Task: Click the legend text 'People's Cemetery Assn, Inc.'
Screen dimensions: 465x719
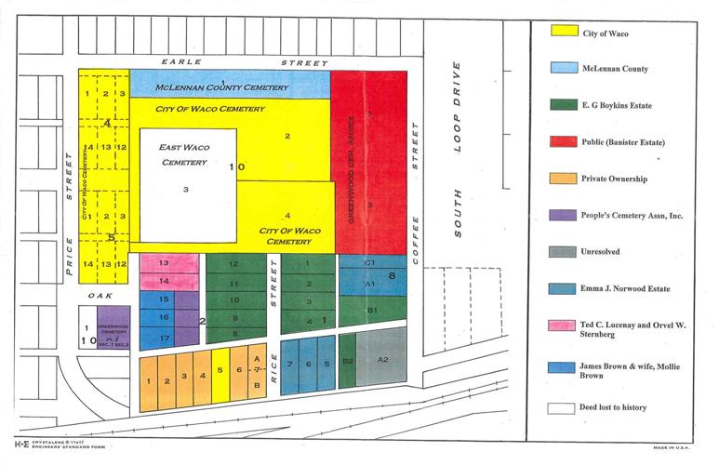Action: pos(641,215)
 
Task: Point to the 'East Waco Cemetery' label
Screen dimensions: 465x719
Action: pos(182,155)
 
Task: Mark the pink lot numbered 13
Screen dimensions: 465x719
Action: pos(162,264)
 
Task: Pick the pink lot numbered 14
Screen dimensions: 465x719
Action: pos(162,281)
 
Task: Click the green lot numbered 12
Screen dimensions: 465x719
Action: pos(234,264)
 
